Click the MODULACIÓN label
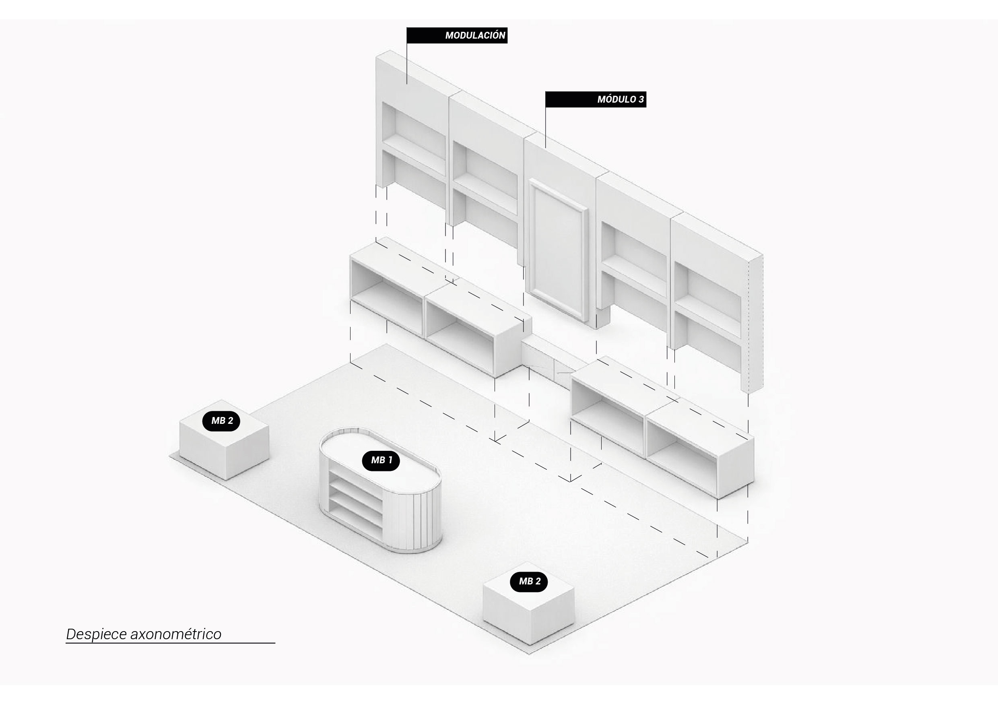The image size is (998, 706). pyautogui.click(x=457, y=35)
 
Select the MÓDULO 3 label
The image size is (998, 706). pyautogui.click(x=596, y=99)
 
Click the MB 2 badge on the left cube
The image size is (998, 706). pyautogui.click(x=221, y=420)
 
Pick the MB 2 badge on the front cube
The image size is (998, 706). pyautogui.click(x=528, y=581)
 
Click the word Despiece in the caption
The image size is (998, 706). pyautogui.click(x=96, y=634)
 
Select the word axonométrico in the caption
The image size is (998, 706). pyautogui.click(x=175, y=634)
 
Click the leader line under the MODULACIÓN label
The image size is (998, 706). pyautogui.click(x=407, y=64)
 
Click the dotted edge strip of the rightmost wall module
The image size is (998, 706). pyautogui.click(x=755, y=324)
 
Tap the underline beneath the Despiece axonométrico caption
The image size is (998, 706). pyautogui.click(x=170, y=642)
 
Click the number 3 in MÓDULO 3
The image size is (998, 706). pyautogui.click(x=641, y=99)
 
